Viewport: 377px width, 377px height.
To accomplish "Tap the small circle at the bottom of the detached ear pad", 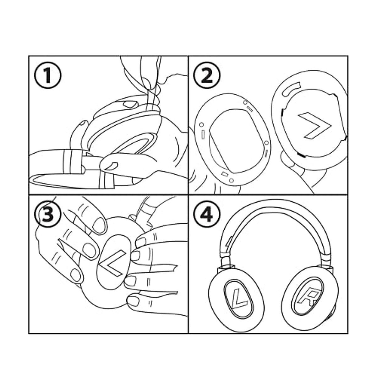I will pyautogui.click(x=232, y=180).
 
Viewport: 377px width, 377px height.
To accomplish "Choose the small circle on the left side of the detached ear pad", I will pyautogui.click(x=201, y=124).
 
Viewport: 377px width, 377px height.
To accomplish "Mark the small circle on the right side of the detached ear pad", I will pyautogui.click(x=266, y=143).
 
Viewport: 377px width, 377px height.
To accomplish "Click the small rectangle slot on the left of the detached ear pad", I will pyautogui.click(x=203, y=134).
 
